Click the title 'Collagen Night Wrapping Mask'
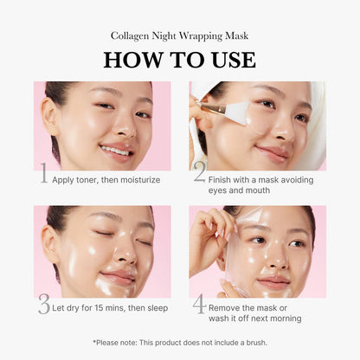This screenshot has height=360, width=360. point(179,35)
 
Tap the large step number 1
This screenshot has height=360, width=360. point(42,176)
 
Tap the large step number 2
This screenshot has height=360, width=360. point(199,176)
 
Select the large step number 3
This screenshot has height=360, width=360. point(43,304)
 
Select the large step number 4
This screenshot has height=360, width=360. point(199,304)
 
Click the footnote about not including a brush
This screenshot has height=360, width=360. point(179,343)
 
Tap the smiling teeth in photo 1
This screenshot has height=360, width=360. point(114,151)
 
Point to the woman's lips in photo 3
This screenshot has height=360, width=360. point(118,279)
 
